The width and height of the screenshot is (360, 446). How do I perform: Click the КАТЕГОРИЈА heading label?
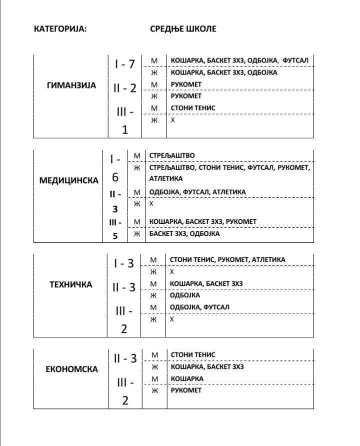point(60,29)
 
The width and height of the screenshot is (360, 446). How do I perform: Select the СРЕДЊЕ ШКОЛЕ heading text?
point(183,29)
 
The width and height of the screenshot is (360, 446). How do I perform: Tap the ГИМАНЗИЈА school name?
point(71,86)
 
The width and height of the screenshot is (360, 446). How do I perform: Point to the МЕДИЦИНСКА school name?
point(69,180)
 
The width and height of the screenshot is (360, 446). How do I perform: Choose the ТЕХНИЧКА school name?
point(71,284)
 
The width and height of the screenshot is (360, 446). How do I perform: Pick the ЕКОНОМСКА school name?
point(71,369)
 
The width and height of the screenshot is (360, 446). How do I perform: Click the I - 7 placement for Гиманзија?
point(125,64)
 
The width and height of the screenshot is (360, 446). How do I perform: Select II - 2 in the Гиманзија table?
point(125,88)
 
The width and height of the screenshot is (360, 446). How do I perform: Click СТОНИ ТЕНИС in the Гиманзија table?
point(193,108)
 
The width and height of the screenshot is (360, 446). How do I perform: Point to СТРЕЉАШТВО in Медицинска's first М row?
point(172,156)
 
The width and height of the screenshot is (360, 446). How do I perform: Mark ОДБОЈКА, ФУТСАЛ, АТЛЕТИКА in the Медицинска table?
point(197,192)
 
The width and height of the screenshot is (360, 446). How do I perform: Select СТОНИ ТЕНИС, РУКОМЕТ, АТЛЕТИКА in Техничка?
point(227,259)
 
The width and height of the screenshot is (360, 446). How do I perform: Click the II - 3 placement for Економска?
point(125,358)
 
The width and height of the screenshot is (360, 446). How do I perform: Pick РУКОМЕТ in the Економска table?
point(186,390)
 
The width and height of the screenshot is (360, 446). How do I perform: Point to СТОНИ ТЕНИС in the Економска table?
point(193,354)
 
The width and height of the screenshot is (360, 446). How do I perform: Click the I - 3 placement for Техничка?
point(125,263)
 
